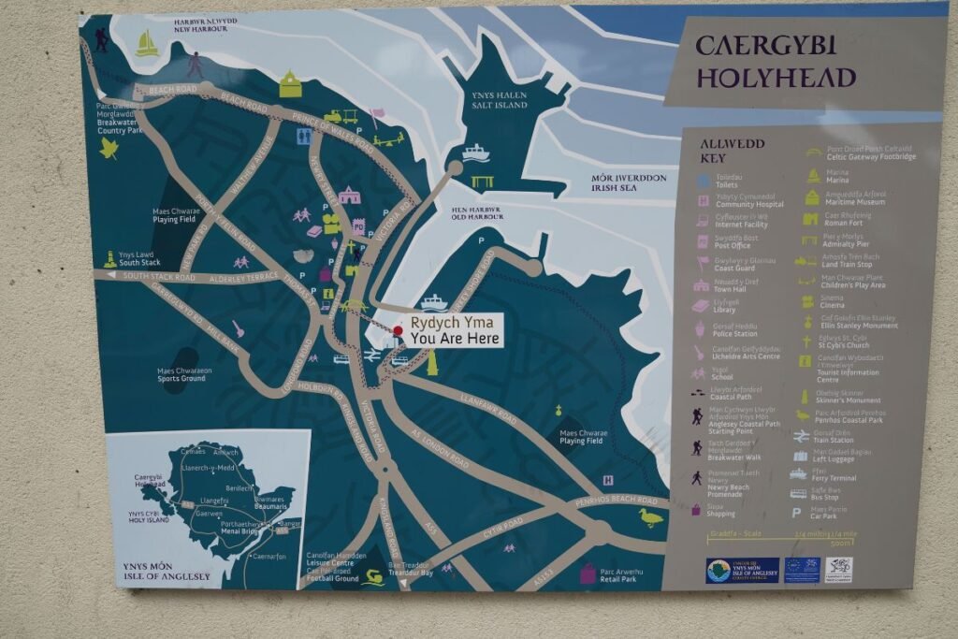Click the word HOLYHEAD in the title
[x=776, y=77]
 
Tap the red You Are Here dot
[x=398, y=330]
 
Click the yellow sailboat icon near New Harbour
[x=146, y=44]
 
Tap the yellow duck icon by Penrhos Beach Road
[x=650, y=517]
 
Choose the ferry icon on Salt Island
[x=475, y=152]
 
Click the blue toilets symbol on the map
[x=302, y=137]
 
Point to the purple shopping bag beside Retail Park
[x=588, y=573]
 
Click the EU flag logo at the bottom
[x=802, y=570]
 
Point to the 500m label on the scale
[x=841, y=543]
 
